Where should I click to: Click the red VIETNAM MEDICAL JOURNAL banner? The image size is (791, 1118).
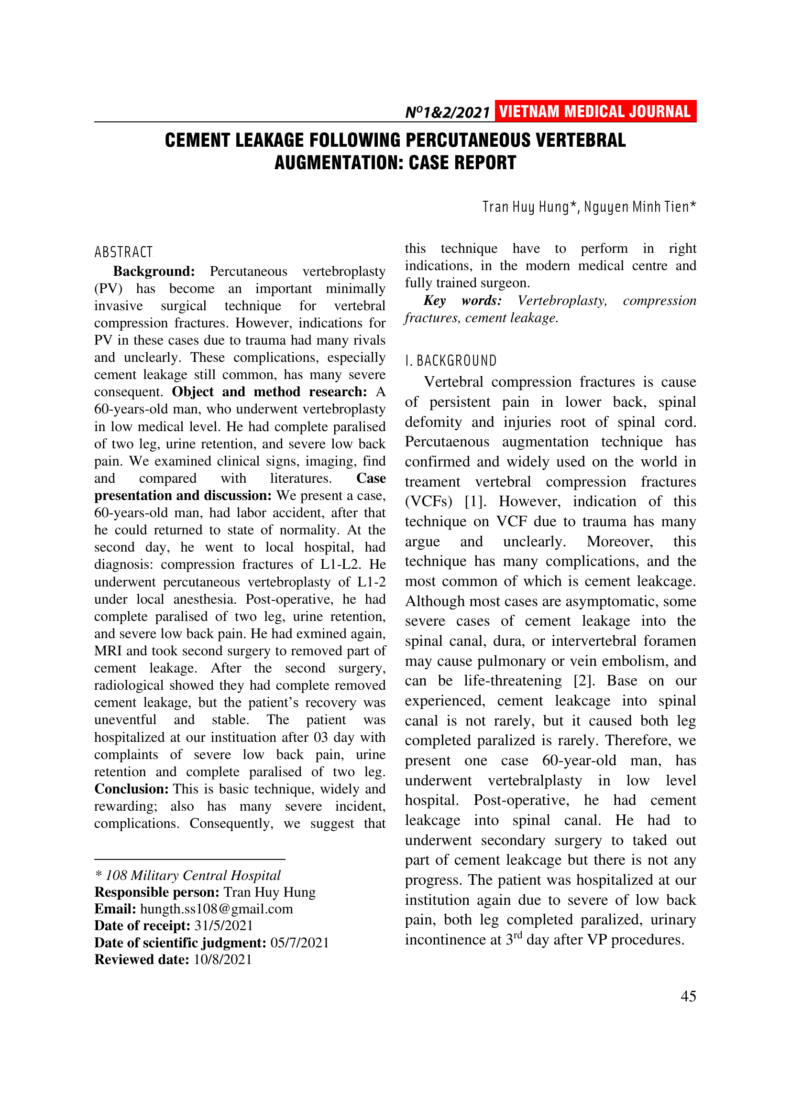point(595,111)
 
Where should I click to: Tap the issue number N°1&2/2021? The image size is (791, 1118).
point(447,113)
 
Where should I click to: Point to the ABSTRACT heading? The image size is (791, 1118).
point(124,252)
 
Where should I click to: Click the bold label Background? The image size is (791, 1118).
point(154,271)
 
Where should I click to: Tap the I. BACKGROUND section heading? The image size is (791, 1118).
point(450,361)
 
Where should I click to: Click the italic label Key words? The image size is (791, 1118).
point(462,301)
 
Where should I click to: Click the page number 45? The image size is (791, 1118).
point(688,996)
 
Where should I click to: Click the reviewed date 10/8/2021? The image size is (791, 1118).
point(222,959)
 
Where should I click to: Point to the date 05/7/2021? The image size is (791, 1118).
point(299,943)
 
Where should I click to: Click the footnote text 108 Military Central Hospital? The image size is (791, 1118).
point(193,876)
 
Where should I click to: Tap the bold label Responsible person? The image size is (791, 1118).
point(157,892)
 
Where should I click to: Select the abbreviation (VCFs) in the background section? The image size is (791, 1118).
point(428,501)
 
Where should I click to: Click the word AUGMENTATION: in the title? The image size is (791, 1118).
point(339,163)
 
